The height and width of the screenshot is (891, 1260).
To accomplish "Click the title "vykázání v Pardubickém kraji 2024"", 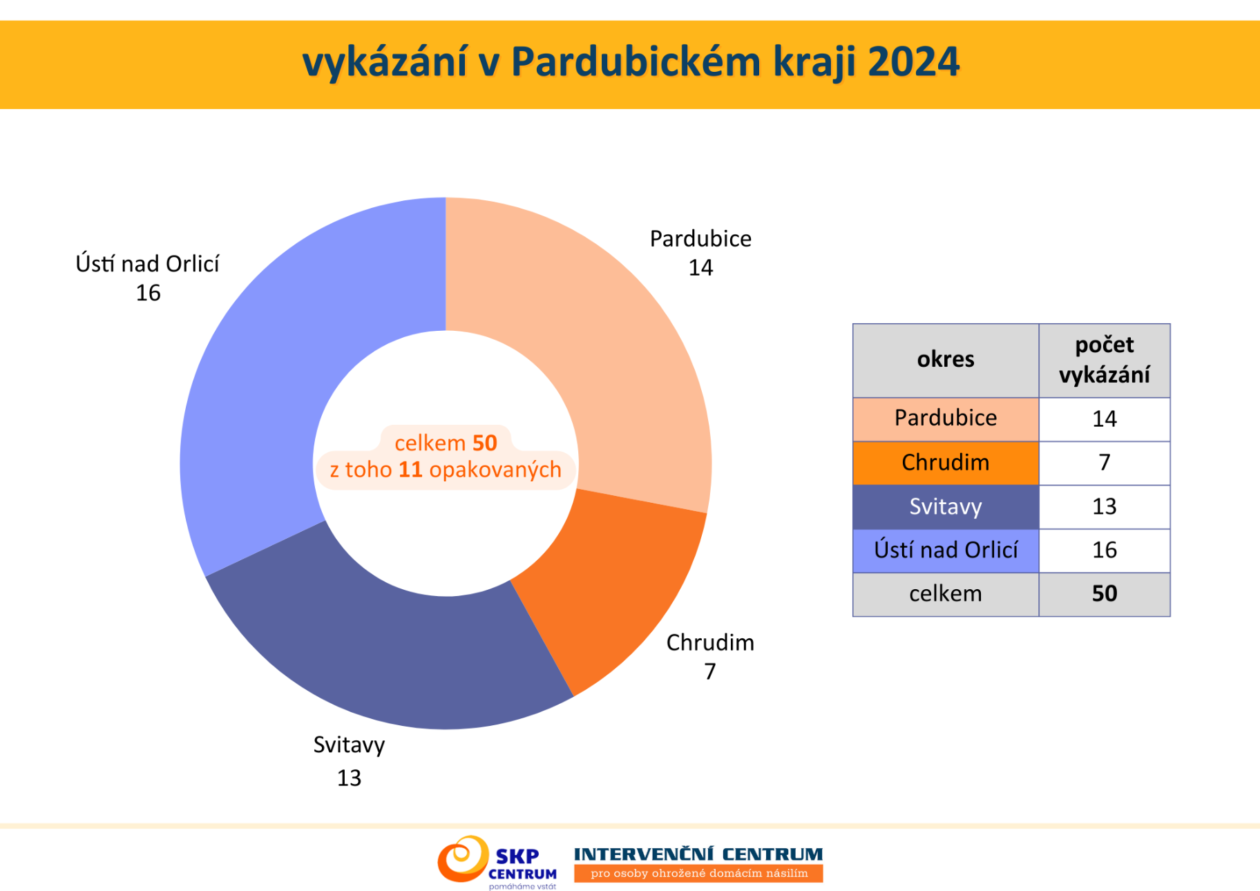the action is [631, 62].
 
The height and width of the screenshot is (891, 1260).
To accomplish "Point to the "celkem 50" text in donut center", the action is [446, 443].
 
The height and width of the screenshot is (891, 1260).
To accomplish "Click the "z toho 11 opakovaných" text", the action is [446, 470].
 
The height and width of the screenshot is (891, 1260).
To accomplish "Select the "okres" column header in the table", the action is [946, 361].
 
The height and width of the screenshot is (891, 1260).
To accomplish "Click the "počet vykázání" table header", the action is [1105, 361].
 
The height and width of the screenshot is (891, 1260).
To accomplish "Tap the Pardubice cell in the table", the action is [946, 419].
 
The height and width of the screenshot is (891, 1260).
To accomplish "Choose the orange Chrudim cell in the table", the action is [946, 463].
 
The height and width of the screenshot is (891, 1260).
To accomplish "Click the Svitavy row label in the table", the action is [946, 507].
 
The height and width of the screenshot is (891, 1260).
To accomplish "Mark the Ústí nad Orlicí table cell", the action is [946, 550].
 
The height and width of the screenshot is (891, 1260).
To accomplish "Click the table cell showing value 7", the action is [1105, 463].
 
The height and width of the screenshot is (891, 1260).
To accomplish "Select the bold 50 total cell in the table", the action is [1105, 594].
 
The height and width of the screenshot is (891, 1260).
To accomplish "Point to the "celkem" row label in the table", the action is [946, 594].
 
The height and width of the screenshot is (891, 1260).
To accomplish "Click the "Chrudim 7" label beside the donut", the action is [710, 656].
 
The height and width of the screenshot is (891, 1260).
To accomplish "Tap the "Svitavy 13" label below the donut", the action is [349, 761].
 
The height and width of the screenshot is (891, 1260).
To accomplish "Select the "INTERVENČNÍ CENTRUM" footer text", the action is [698, 854].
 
